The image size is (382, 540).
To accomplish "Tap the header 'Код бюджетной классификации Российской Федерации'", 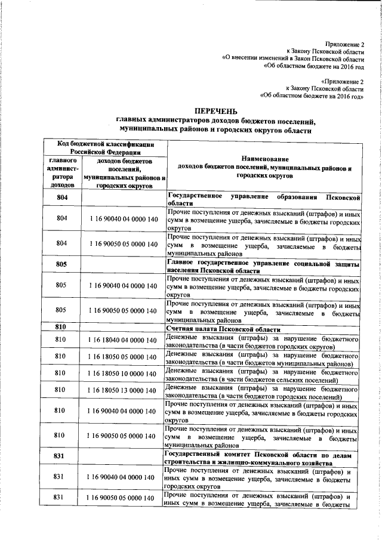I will click(x=107, y=147).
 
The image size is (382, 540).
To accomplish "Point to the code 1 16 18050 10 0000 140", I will click(x=124, y=374).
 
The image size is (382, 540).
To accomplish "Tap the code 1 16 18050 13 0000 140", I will click(x=124, y=390).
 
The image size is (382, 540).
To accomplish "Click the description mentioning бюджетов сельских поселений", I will click(x=263, y=374).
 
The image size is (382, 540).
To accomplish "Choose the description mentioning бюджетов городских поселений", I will click(x=263, y=390).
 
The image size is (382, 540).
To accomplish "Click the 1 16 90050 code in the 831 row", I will click(x=124, y=498).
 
